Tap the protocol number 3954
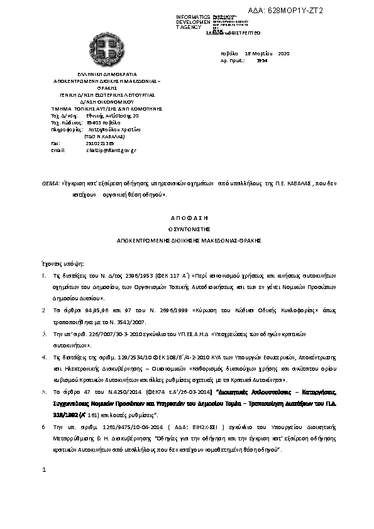tap(262, 62)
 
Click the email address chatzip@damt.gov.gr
tap(111, 151)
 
